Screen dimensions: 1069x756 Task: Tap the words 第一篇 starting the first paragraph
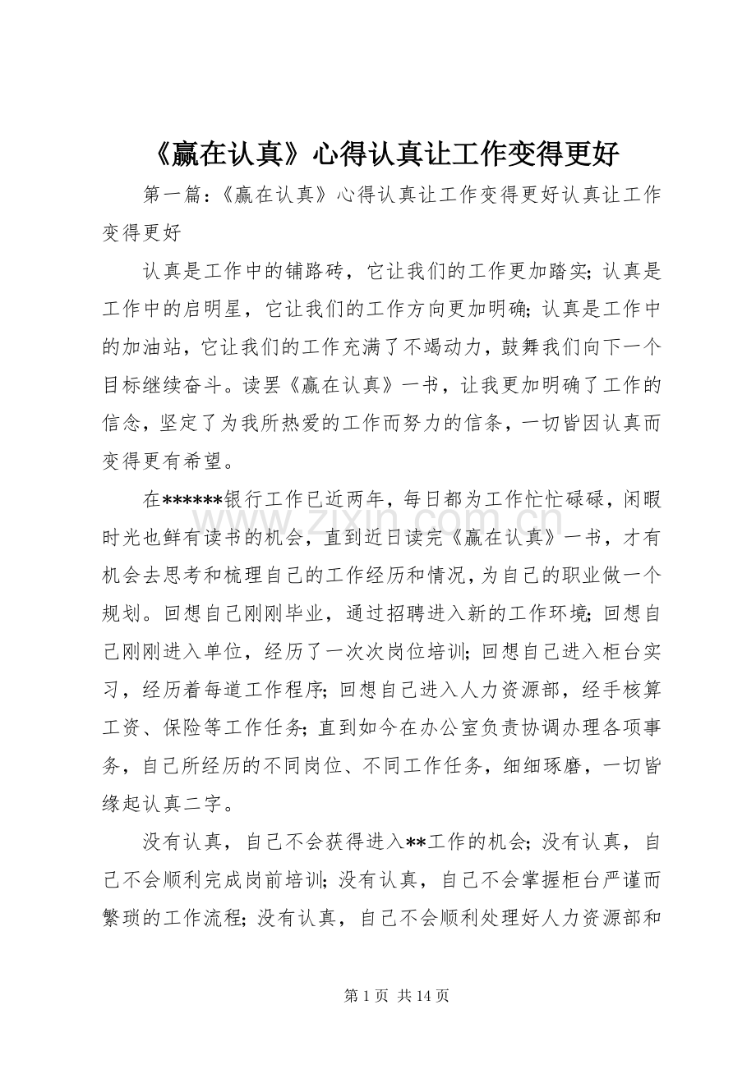click(x=171, y=196)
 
